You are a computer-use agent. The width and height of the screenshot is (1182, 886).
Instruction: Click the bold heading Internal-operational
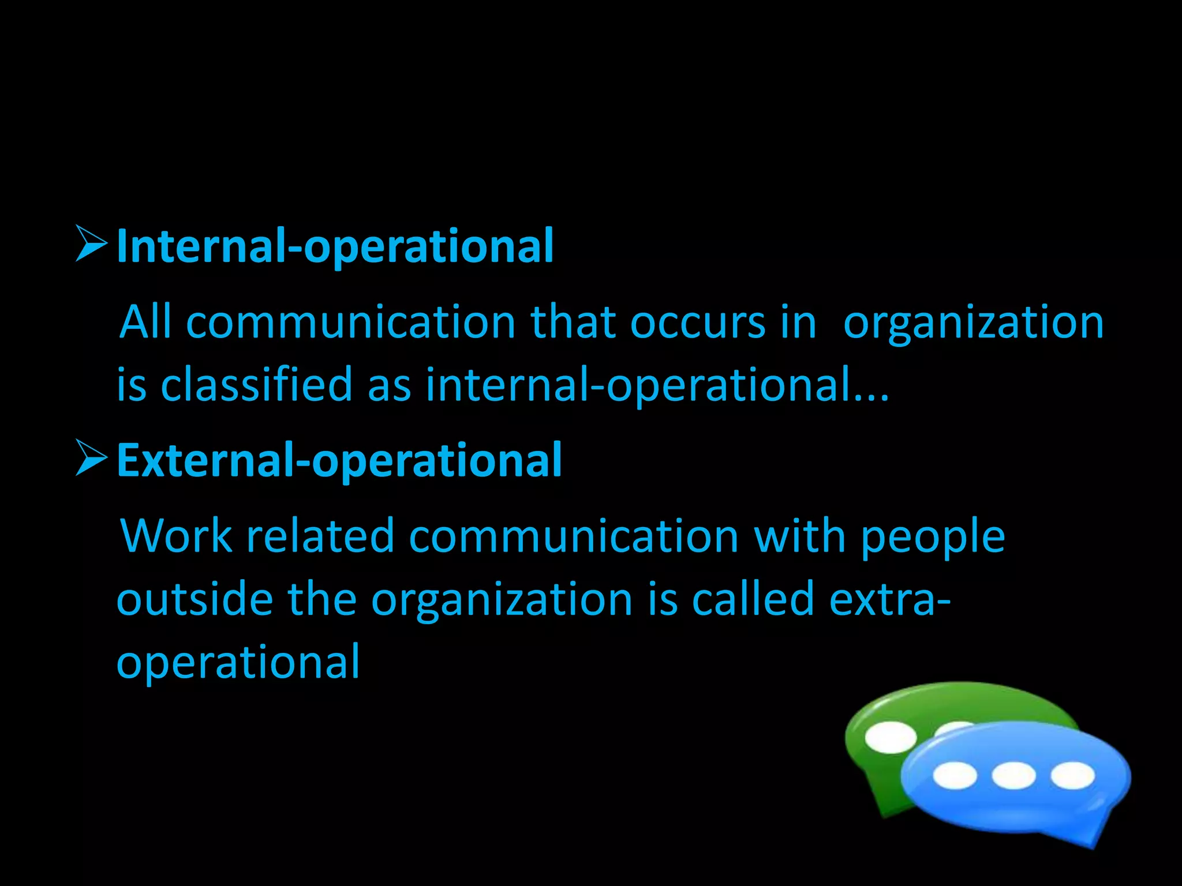(x=335, y=246)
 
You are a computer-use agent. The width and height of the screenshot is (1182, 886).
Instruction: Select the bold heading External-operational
(x=339, y=460)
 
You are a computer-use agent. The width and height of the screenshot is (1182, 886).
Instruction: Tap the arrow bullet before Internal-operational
(x=91, y=244)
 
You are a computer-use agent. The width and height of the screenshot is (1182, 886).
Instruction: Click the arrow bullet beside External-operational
(x=91, y=459)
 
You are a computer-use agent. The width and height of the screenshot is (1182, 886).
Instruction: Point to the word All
(x=145, y=322)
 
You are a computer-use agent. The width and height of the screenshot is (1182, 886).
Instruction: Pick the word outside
(x=194, y=599)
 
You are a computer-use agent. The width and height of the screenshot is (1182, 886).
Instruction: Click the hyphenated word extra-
(x=889, y=599)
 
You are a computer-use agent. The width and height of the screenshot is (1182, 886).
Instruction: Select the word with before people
(x=801, y=536)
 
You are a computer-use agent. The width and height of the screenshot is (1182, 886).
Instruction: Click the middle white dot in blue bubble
(x=1013, y=775)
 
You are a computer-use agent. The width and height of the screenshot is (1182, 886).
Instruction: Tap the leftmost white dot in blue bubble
(x=955, y=775)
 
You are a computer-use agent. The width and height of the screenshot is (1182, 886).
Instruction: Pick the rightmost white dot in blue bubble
(x=1072, y=775)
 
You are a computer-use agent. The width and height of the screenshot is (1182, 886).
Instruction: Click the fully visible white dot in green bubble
(x=891, y=737)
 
